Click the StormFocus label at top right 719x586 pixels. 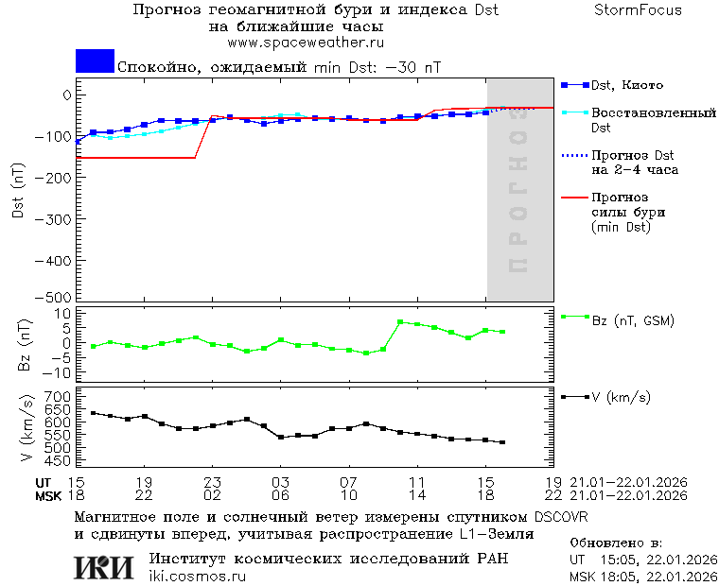638,10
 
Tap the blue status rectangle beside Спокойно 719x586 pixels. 95,61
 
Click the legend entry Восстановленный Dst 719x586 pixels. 653,119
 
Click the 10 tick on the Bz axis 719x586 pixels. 64,313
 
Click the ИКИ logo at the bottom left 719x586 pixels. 103,566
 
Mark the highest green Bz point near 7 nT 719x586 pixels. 400,322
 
